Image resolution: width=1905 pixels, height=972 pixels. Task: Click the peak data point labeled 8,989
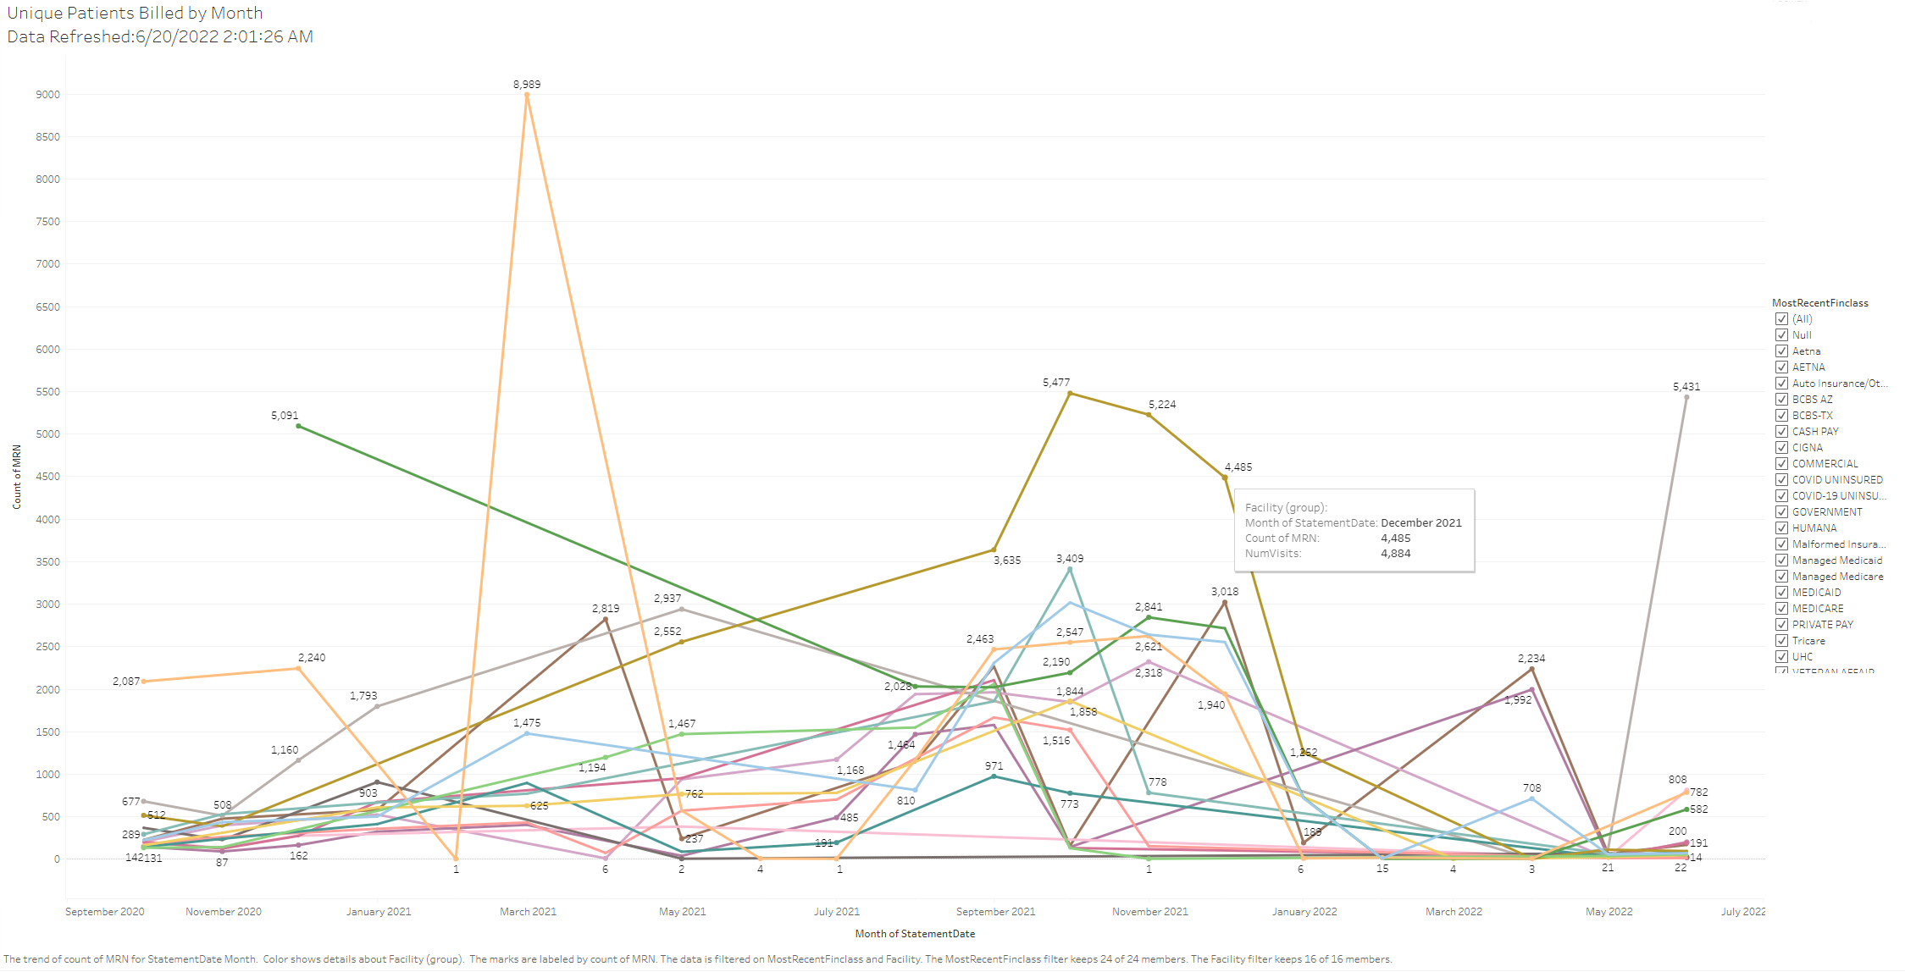click(x=527, y=95)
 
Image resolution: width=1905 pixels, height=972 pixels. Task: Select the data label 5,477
click(x=1055, y=383)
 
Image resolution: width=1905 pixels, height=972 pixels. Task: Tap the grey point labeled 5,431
click(x=1686, y=397)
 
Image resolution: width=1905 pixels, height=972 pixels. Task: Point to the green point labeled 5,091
click(x=298, y=426)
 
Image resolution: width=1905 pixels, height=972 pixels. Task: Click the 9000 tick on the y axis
click(x=47, y=95)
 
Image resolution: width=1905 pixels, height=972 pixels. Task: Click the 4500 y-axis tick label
click(x=47, y=477)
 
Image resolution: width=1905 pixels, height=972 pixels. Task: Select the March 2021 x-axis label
click(x=528, y=912)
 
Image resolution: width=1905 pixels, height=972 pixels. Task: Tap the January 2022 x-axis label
click(x=1304, y=912)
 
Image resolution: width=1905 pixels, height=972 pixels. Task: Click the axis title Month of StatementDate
click(x=915, y=934)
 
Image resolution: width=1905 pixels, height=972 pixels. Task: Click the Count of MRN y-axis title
click(x=17, y=477)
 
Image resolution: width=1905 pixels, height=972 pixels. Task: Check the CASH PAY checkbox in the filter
click(x=1781, y=431)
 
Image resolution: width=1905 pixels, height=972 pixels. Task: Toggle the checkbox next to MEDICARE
click(x=1781, y=608)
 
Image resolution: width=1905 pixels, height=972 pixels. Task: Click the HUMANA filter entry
click(x=1814, y=527)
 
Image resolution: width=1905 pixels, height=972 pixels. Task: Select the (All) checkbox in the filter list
click(x=1781, y=319)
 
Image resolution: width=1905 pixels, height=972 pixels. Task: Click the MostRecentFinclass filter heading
click(x=1819, y=303)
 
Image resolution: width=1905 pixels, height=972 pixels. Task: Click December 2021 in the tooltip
click(x=1420, y=523)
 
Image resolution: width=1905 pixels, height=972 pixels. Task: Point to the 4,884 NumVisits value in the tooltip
click(x=1395, y=554)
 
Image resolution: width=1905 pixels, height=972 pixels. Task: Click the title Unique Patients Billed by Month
click(x=136, y=14)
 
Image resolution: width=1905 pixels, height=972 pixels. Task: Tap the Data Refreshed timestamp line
click(x=160, y=37)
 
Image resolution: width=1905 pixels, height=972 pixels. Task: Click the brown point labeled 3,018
click(x=1225, y=603)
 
